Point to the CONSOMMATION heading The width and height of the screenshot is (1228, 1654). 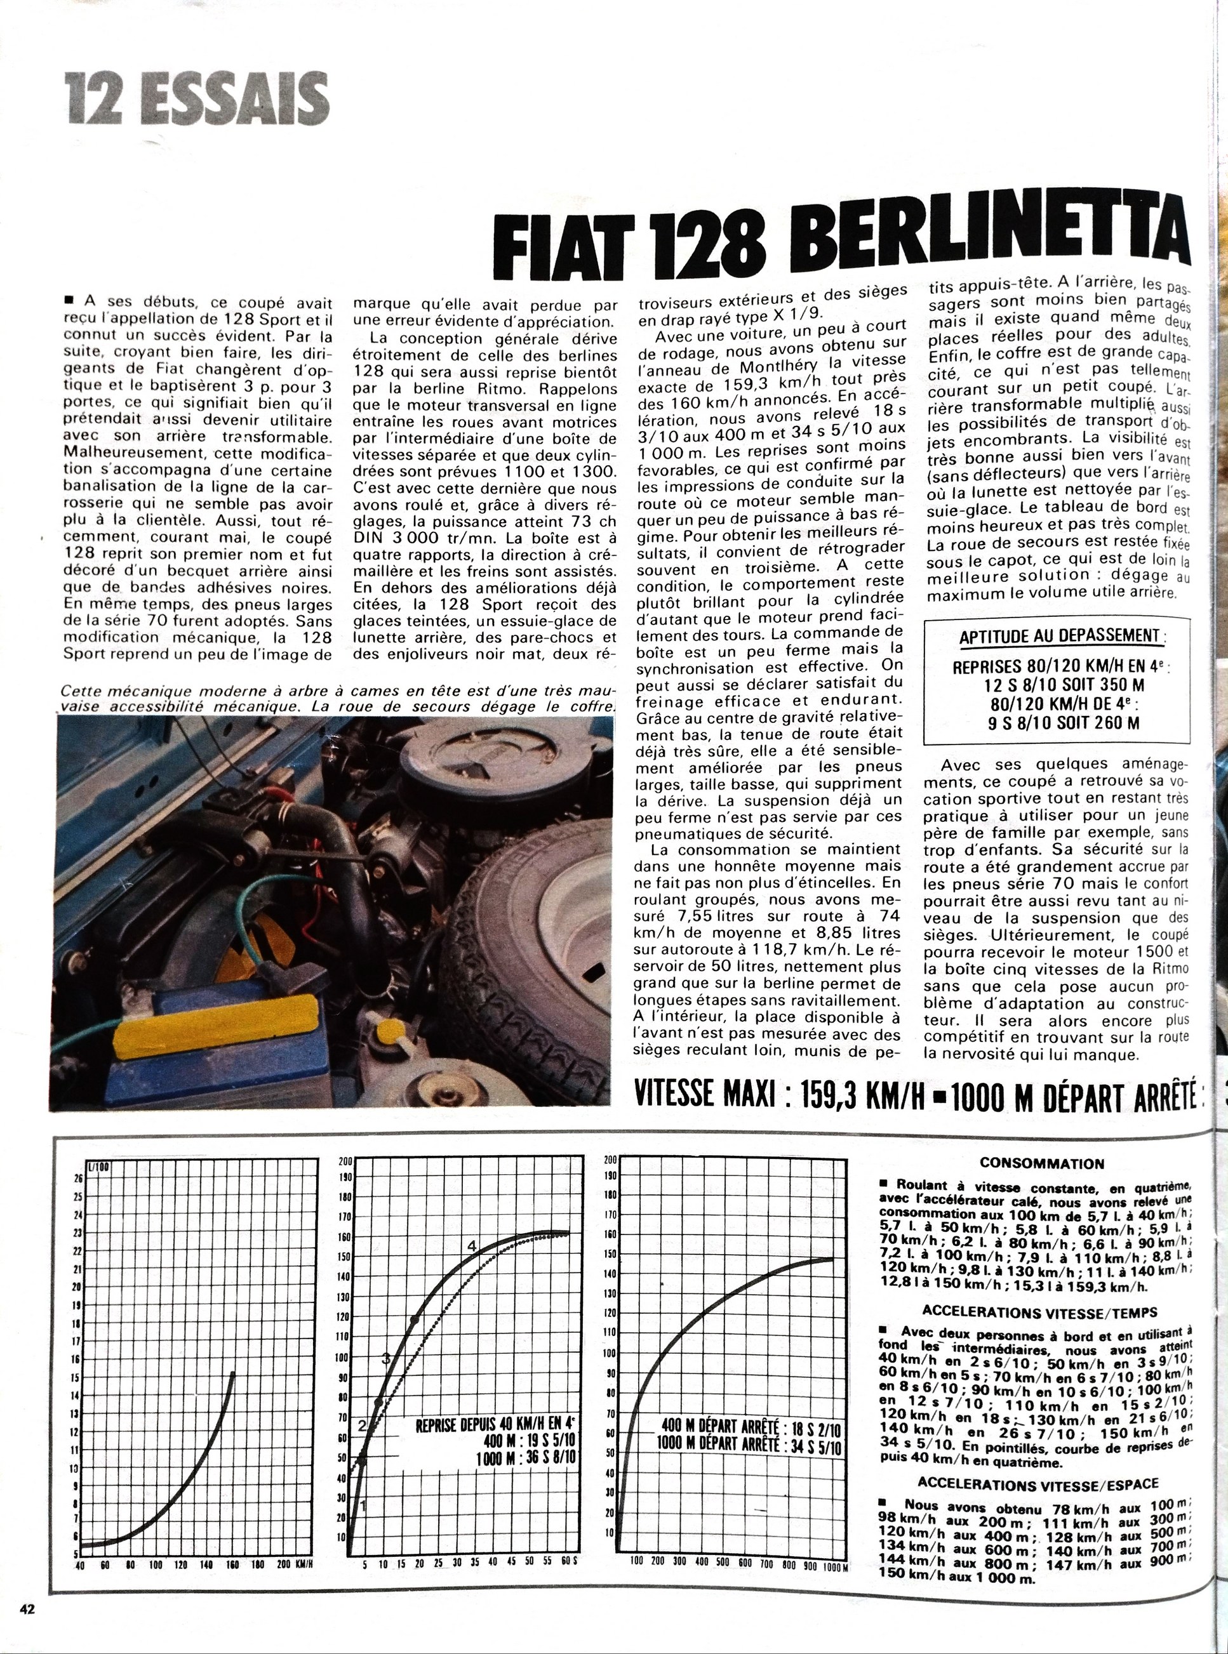pos(1043,1163)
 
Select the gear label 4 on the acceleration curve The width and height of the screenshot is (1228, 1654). pos(471,1245)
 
